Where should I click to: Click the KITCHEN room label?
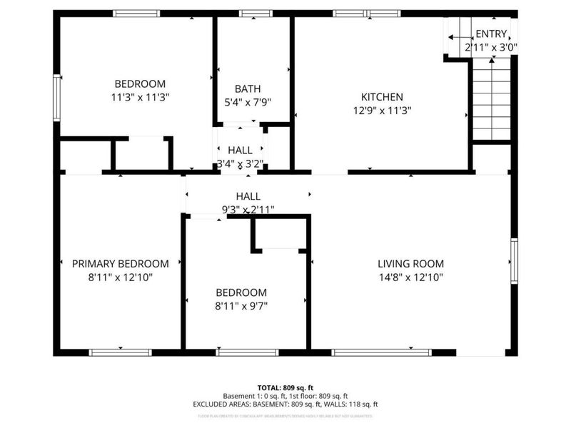click(382, 97)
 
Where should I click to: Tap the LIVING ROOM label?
click(410, 263)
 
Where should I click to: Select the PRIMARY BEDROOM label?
click(121, 263)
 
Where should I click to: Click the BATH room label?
click(248, 89)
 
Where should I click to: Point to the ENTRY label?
click(491, 34)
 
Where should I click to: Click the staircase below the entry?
click(491, 100)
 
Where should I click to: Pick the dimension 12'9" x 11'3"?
click(382, 111)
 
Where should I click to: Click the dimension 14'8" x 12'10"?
click(410, 277)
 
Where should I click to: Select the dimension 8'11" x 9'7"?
click(241, 306)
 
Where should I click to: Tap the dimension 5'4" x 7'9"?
click(248, 103)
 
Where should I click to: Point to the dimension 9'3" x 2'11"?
click(248, 210)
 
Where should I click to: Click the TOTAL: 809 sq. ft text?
click(285, 387)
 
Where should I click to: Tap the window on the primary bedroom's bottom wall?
click(120, 352)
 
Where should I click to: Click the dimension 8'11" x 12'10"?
click(121, 277)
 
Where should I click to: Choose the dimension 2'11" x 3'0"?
click(491, 47)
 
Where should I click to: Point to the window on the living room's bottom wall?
click(382, 352)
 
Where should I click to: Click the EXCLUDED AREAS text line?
click(285, 404)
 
